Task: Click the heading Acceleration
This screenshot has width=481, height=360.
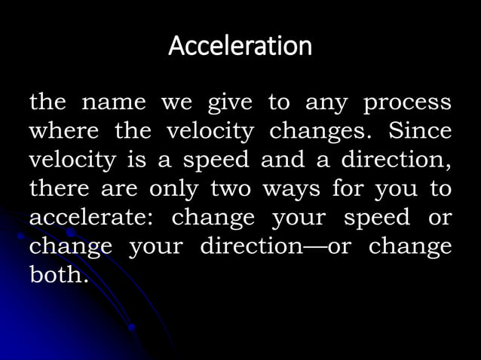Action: [x=240, y=47]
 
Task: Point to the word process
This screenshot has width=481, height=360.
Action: [x=408, y=102]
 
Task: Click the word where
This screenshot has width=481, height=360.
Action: [x=62, y=132]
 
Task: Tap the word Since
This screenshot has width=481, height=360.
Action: [x=420, y=132]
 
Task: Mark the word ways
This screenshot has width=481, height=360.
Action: [x=290, y=189]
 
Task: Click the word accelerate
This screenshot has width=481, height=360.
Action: [x=89, y=218]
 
